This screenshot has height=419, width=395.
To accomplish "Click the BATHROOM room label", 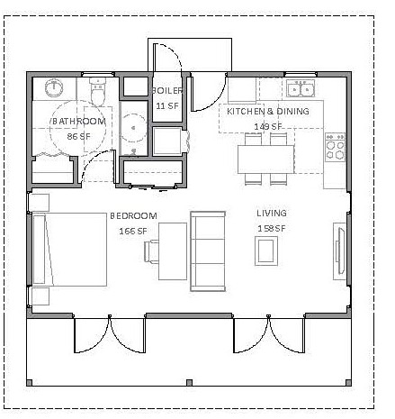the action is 79,122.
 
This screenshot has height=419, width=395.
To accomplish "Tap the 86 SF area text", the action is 78,137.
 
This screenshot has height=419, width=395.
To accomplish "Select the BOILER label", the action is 167,90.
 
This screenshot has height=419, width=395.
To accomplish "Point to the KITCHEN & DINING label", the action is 268,112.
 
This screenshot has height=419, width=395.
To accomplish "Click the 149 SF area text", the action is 268,127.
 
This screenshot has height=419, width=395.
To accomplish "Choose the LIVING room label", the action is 272,214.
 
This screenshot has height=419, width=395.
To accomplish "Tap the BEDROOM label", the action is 133,216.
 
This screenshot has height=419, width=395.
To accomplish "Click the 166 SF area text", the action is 133,232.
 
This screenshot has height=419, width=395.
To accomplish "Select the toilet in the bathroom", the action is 98,91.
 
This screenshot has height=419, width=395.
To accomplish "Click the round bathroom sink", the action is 54,88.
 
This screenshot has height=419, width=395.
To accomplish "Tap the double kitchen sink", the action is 301,88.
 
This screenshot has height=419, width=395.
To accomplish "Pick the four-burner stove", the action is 335,147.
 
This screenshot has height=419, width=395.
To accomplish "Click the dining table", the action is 266,159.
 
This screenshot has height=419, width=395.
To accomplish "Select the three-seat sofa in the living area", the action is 208,251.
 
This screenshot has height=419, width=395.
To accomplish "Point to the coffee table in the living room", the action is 266,251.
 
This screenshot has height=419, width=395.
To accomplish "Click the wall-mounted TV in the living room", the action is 340,251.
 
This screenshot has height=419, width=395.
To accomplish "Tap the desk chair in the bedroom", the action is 151,251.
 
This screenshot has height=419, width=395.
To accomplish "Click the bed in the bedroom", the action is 69,250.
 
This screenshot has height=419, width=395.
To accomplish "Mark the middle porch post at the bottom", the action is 189,383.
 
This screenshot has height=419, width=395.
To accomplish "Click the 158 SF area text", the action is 272,229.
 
